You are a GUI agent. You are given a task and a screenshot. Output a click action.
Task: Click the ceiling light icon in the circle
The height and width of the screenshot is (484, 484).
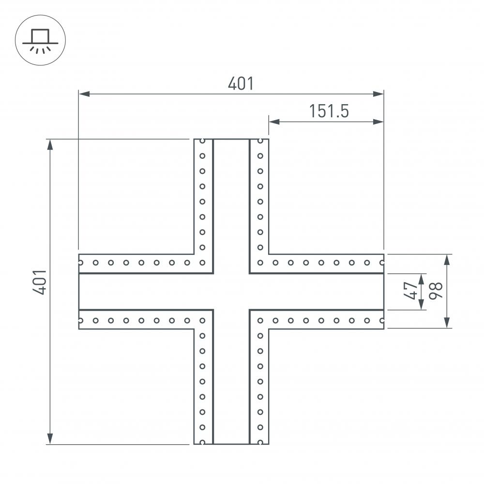coord(40,40)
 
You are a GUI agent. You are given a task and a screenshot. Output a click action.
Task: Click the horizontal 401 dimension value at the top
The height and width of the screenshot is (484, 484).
coord(241,84)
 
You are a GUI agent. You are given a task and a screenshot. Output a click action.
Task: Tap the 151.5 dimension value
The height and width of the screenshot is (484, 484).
coord(329,111)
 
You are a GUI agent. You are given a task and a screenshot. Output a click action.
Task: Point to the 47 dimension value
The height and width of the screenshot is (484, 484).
coord(411,291)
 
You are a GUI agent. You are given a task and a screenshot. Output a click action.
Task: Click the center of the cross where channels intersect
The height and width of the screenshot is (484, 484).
coord(231,291)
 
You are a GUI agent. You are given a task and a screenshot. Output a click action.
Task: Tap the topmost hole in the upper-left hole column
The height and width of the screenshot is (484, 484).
coord(203,141)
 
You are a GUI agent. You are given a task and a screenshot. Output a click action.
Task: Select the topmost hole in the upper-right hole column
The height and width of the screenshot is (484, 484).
coord(260,141)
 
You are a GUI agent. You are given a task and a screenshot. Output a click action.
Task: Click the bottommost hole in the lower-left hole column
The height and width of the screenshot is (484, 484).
coord(203,442)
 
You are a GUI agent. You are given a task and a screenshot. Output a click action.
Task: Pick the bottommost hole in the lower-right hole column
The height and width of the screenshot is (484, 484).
coord(260,442)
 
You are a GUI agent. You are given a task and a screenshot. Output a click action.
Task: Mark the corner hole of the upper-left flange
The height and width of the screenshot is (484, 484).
coord(203,263)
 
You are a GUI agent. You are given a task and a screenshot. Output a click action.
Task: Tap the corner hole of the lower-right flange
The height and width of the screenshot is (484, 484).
coord(260,320)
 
